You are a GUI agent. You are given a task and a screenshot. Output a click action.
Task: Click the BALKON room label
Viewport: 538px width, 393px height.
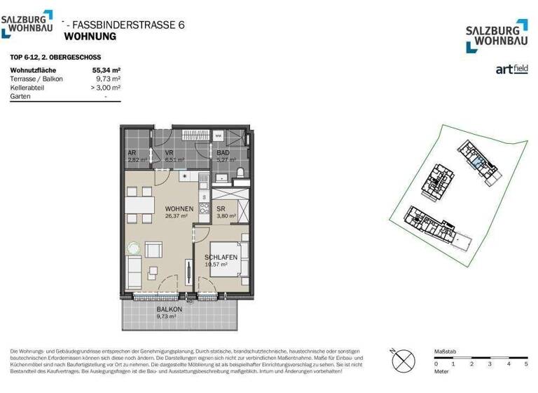click(x=170, y=309)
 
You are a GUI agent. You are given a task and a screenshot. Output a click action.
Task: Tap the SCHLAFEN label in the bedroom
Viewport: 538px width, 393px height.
click(x=221, y=258)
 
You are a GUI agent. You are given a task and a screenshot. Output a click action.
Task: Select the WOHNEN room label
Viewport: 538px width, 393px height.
click(x=179, y=209)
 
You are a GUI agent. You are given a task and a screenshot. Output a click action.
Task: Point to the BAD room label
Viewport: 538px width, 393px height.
click(x=223, y=152)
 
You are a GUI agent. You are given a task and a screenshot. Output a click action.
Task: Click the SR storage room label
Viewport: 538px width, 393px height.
click(x=220, y=209)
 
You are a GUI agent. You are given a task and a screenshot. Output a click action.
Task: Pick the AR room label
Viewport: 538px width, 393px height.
click(x=132, y=152)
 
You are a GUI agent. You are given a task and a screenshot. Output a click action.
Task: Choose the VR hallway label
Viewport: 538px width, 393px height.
click(x=169, y=152)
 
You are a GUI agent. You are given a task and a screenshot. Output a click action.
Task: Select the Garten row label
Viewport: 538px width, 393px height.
click(x=20, y=96)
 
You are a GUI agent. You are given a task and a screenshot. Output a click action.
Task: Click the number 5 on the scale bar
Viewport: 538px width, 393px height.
click(x=525, y=364)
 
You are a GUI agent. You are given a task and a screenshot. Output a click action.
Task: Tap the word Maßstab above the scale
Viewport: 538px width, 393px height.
click(x=446, y=349)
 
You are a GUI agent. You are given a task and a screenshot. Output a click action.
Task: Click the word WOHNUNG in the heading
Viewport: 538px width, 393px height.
click(x=90, y=36)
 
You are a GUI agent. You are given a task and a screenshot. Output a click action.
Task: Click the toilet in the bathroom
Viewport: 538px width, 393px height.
click(x=240, y=172)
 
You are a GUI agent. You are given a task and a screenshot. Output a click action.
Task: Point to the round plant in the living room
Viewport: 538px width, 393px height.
click(x=133, y=247)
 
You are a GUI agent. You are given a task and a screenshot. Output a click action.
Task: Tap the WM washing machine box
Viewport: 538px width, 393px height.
click(x=218, y=135)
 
